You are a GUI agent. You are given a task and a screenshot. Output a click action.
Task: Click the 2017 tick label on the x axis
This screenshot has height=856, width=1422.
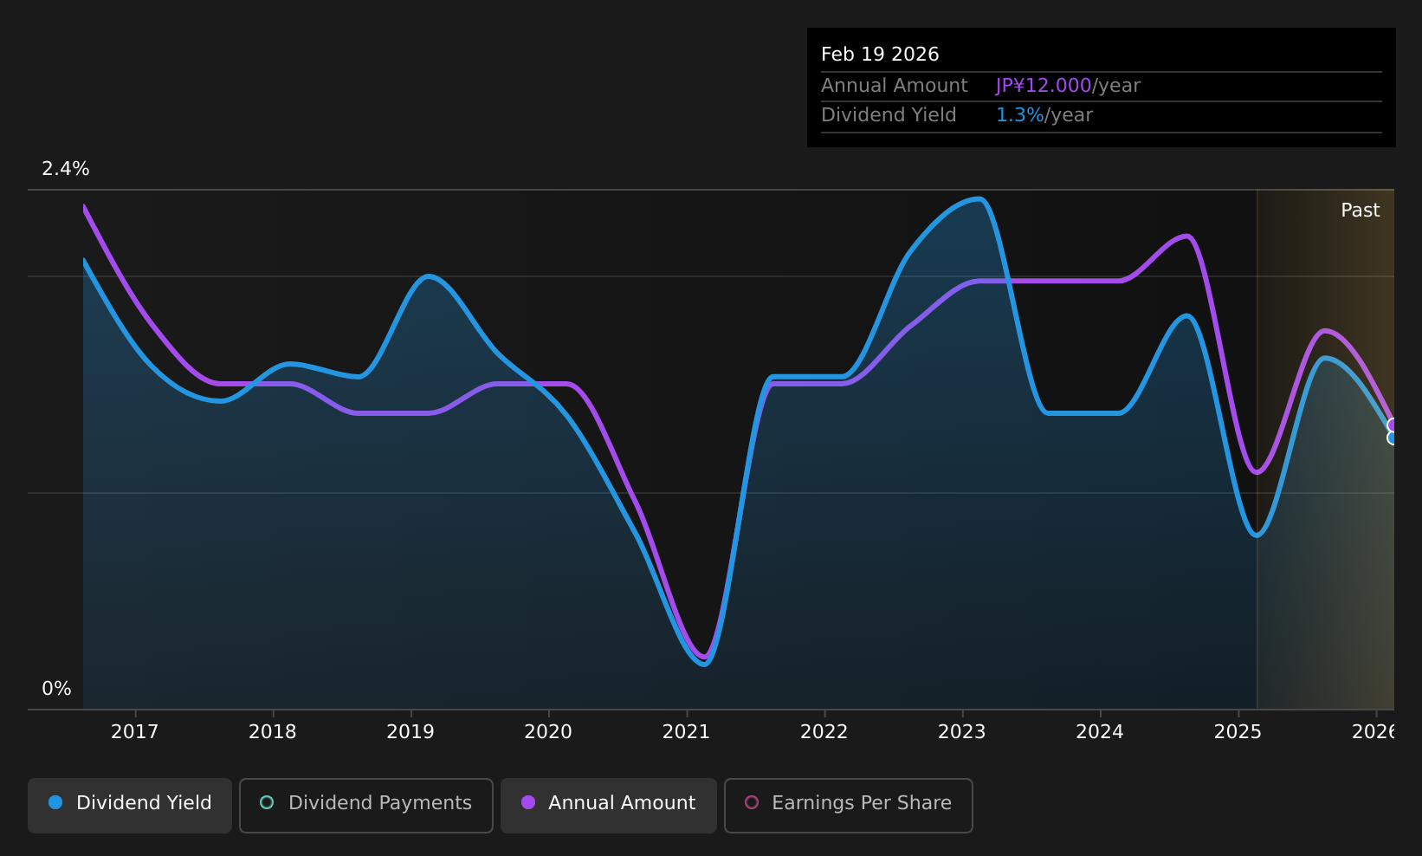[x=134, y=732]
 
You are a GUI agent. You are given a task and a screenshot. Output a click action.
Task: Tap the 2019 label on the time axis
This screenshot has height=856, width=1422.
[x=410, y=732]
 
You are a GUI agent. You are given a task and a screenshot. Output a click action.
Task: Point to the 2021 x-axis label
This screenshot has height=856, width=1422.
[x=686, y=732]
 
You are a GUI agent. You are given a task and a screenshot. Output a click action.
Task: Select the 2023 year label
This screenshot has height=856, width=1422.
[x=962, y=732]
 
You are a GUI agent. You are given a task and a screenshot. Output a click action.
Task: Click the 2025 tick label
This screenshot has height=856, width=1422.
[x=1238, y=732]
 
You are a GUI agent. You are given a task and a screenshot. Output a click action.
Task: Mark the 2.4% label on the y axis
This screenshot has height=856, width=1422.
[x=66, y=169]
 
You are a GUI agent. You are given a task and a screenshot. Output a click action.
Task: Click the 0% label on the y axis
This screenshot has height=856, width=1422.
[x=56, y=689]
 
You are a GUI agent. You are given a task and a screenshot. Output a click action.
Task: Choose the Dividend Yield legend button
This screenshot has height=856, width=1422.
[x=130, y=805]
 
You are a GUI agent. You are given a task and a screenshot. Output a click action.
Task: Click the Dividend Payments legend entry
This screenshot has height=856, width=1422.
[x=366, y=805]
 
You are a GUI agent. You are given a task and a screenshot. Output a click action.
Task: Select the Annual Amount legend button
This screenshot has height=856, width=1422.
[x=608, y=805]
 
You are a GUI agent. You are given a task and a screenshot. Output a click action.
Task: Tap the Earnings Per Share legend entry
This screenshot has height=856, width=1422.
[x=848, y=805]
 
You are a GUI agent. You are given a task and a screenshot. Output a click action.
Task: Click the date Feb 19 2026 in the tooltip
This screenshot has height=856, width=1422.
[x=880, y=55]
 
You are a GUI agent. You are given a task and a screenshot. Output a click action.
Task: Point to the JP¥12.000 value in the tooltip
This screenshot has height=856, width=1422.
[x=1044, y=86]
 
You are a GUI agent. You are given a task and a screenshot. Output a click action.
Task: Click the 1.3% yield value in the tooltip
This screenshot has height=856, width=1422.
[x=1019, y=115]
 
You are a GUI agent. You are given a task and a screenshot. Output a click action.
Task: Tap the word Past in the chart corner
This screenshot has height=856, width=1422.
[x=1360, y=211]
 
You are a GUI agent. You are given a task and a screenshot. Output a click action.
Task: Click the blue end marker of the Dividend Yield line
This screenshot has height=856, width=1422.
[x=1392, y=438]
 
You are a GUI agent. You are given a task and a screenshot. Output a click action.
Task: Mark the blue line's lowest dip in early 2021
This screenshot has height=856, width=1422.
[x=704, y=664]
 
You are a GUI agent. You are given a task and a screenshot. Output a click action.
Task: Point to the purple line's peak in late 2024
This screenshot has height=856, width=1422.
[x=1186, y=237]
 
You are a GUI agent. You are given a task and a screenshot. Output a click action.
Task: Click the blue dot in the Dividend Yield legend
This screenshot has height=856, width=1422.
[x=56, y=802]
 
